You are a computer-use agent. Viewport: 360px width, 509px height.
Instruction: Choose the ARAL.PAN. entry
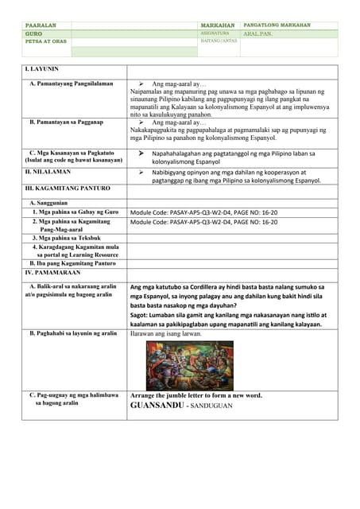point(260,34)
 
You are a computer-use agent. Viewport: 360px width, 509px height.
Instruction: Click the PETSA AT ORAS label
point(45,42)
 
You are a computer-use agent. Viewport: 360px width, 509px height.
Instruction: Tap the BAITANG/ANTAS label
point(218,42)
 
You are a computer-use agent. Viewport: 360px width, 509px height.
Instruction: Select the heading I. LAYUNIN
point(42,70)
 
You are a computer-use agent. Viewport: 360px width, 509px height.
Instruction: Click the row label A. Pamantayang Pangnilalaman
point(71,84)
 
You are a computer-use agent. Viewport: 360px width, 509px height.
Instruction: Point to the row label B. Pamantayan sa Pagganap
point(67,122)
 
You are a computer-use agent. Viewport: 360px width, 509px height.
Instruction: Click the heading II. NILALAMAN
point(48,172)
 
